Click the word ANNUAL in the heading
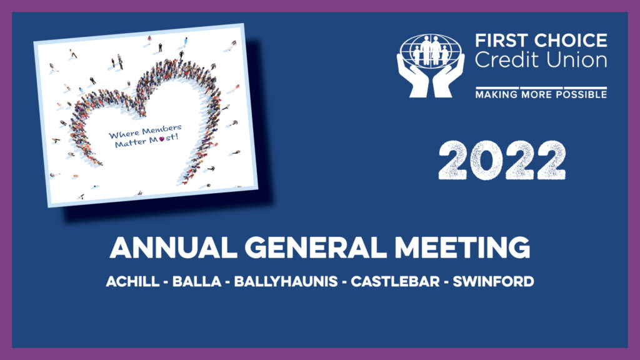pyautogui.click(x=174, y=247)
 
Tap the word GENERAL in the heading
pyautogui.click(x=316, y=247)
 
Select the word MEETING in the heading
pyautogui.click(x=462, y=247)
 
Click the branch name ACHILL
pyautogui.click(x=132, y=282)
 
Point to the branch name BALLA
pyautogui.click(x=197, y=282)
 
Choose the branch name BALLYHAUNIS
pyautogui.click(x=286, y=282)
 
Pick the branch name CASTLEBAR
pyautogui.click(x=395, y=282)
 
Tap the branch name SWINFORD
pyautogui.click(x=494, y=282)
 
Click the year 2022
pyautogui.click(x=502, y=160)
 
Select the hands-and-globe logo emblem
pyautogui.click(x=431, y=65)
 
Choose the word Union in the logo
pyautogui.click(x=577, y=60)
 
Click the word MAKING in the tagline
pyautogui.click(x=496, y=95)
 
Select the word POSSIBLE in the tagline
pyautogui.click(x=584, y=95)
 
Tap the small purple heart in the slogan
pyautogui.click(x=162, y=139)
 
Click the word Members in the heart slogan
pyautogui.click(x=162, y=130)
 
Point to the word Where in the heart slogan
pyautogui.click(x=124, y=134)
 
